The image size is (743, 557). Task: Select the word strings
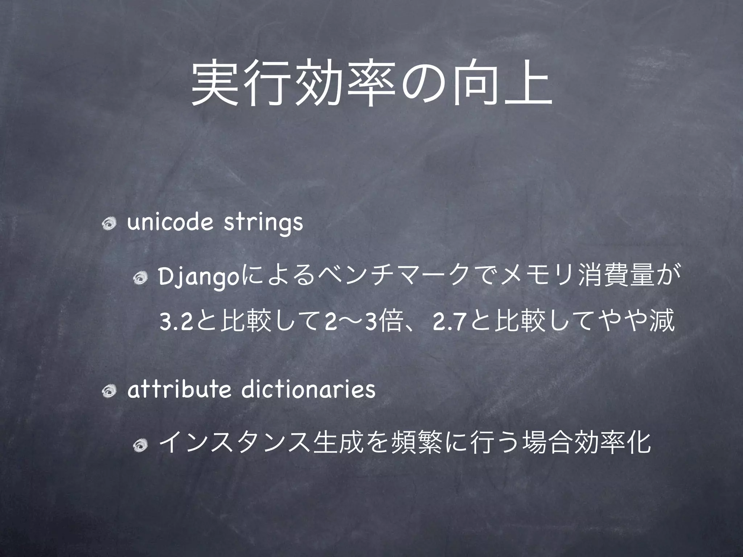[x=263, y=224]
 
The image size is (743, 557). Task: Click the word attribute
[x=179, y=389]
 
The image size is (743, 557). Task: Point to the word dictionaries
[x=308, y=389]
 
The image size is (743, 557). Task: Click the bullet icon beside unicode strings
[x=109, y=225]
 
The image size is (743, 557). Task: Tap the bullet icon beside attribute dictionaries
[x=109, y=392]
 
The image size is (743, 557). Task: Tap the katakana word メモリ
[x=532, y=278]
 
